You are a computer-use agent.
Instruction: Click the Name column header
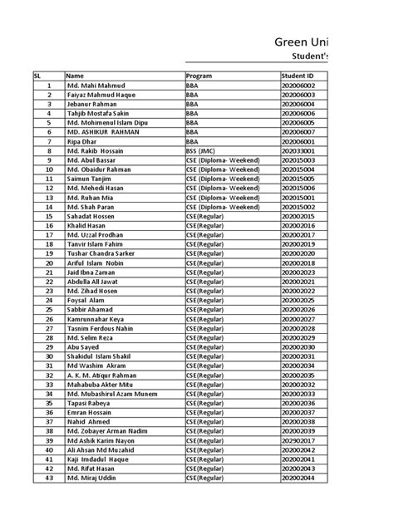[x=75, y=76]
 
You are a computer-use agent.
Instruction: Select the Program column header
[x=200, y=76]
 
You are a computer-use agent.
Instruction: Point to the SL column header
[x=37, y=76]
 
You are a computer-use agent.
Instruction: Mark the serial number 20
[x=49, y=262]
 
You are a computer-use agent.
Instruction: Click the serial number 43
[x=49, y=477]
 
